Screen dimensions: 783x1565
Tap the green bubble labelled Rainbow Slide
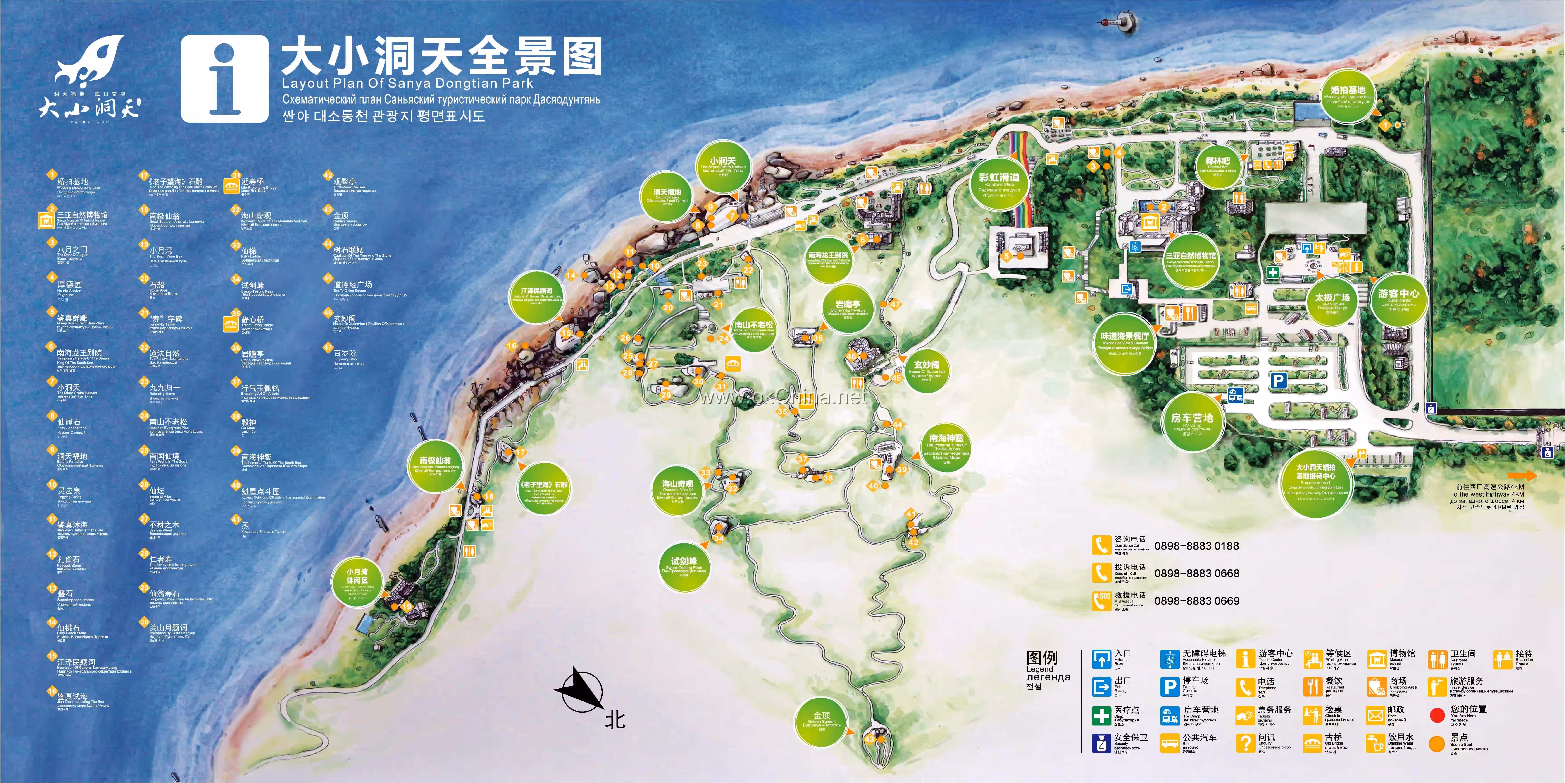(x=999, y=184)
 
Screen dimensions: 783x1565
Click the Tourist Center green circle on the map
(x=1398, y=299)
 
